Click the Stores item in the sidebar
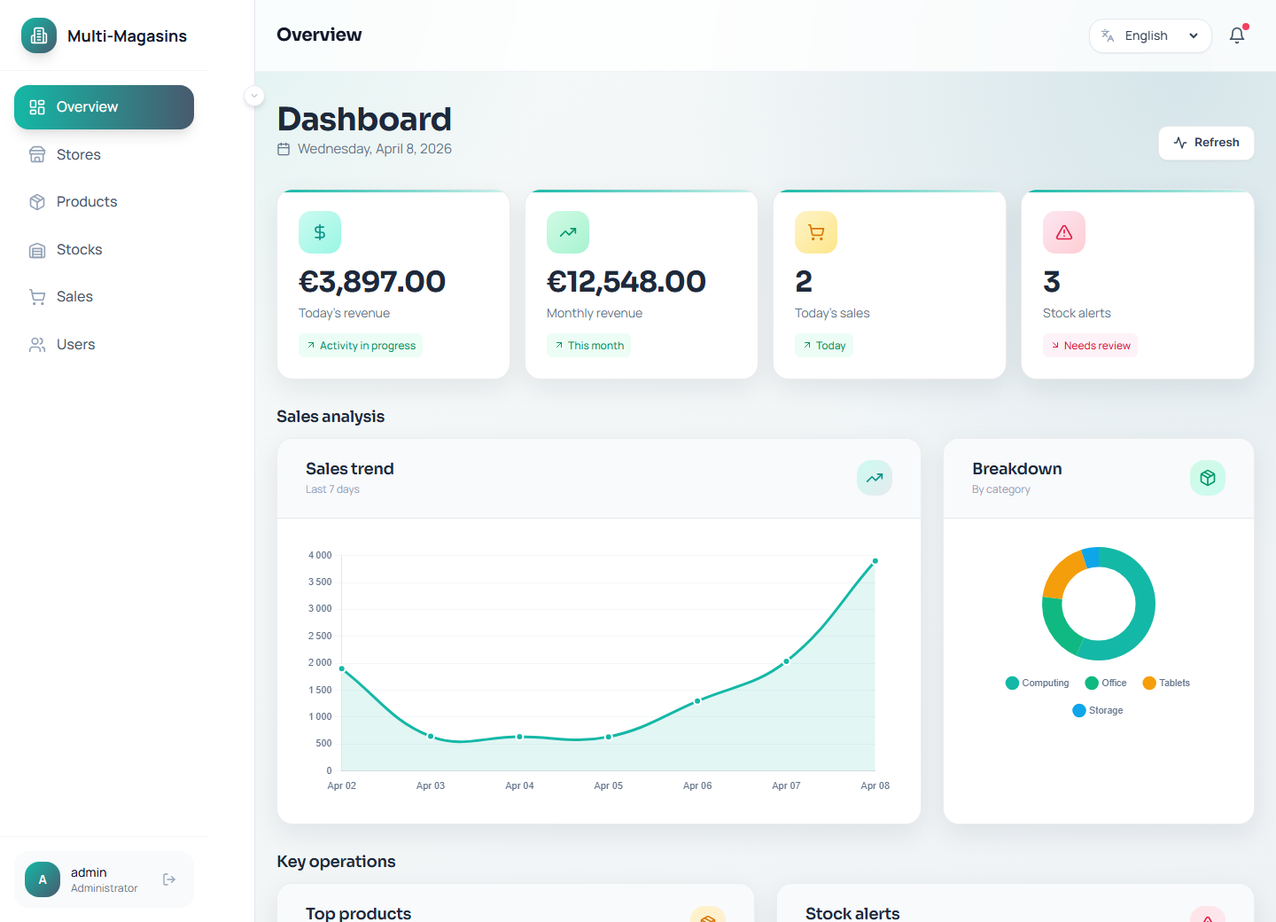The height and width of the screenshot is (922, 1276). (78, 154)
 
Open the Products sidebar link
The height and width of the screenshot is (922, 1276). (86, 202)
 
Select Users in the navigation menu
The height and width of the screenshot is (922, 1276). (75, 345)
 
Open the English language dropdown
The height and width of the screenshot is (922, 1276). (1149, 36)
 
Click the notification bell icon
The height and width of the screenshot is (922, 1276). (1237, 35)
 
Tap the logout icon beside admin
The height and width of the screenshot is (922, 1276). (169, 879)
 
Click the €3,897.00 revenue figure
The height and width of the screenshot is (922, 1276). (372, 282)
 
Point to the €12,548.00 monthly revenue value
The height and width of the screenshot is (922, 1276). (626, 282)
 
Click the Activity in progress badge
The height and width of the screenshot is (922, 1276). (361, 346)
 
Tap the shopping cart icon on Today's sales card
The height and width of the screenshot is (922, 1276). (816, 232)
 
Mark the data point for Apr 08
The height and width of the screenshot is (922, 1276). (875, 561)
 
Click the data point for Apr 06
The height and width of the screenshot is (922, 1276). (697, 700)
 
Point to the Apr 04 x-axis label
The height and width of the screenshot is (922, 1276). (519, 785)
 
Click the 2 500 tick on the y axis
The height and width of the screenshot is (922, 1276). (320, 636)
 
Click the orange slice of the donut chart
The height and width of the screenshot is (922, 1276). (1062, 574)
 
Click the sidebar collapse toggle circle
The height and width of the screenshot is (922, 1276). (254, 96)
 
